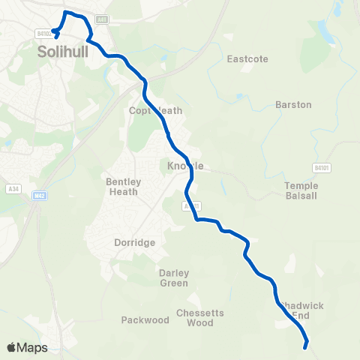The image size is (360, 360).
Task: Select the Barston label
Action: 293,105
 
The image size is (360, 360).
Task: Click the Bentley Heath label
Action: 122,187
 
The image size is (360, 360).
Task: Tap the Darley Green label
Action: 174,277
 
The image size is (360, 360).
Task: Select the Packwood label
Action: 145,320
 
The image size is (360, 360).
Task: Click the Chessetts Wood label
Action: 195,318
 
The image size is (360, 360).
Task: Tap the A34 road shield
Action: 13,189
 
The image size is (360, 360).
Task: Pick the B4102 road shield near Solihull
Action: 43,33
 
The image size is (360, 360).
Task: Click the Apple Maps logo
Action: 27,347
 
